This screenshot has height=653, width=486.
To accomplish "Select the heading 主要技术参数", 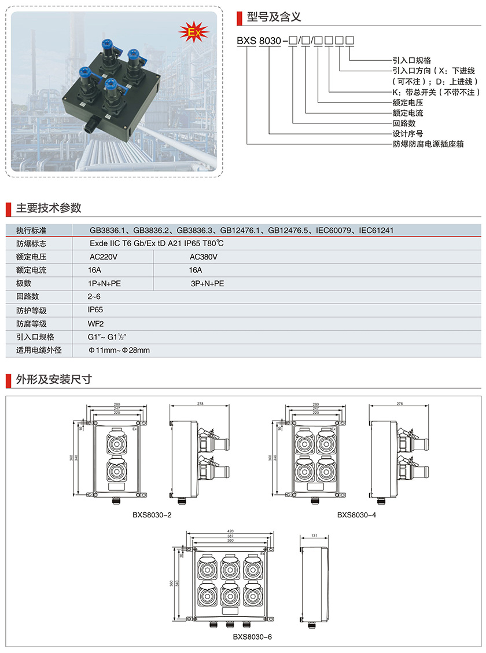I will [49, 208].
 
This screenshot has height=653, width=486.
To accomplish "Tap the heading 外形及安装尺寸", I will [53, 380].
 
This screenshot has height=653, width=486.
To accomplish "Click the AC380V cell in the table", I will [203, 257].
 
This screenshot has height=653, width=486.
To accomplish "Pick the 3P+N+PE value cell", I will [207, 283].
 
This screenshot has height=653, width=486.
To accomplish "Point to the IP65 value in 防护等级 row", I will [95, 310].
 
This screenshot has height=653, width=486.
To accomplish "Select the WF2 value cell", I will [95, 323].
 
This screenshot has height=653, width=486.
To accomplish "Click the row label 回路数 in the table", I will [28, 297].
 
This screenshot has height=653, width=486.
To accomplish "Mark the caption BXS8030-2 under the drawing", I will [152, 514].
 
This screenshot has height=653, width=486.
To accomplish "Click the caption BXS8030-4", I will [357, 514].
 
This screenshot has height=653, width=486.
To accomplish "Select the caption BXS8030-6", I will [252, 636].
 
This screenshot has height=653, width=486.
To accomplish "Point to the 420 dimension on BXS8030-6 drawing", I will [230, 531].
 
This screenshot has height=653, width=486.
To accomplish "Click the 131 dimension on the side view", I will [314, 536].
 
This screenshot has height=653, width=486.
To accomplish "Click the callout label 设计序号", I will [408, 133].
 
